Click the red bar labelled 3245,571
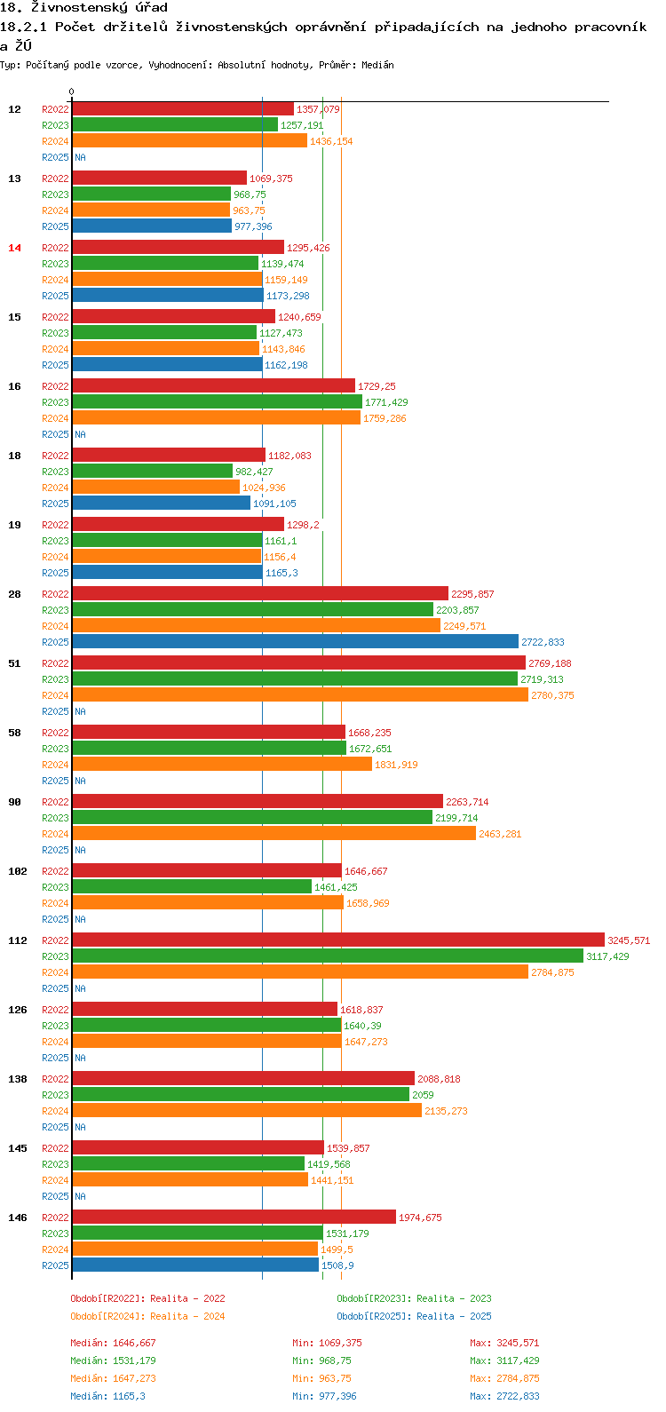(x=337, y=940)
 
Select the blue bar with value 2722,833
(x=295, y=641)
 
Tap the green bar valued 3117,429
(x=327, y=956)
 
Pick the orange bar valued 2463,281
(x=274, y=833)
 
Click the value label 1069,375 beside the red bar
(x=271, y=178)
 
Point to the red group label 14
(x=15, y=248)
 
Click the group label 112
(x=18, y=940)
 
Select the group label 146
(x=18, y=1218)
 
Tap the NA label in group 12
(x=80, y=157)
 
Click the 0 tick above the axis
(x=72, y=91)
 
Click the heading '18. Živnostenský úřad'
(x=83, y=8)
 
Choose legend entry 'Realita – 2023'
(x=414, y=1298)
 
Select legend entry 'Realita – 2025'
(x=414, y=1316)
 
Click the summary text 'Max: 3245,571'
(x=504, y=1343)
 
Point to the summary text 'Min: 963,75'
(x=324, y=1378)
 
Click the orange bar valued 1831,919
(x=222, y=764)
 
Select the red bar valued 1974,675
(x=234, y=1217)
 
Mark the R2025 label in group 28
(x=55, y=642)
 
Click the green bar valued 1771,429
(x=217, y=401)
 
